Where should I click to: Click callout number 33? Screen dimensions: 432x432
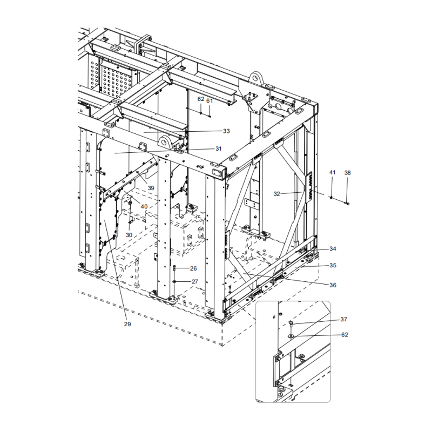(226, 131)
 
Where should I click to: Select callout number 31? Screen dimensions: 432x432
(219, 148)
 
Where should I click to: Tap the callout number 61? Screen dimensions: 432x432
(210, 100)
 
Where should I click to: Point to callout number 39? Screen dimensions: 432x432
(151, 188)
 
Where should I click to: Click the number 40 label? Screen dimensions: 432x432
(144, 207)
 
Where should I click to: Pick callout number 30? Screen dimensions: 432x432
(129, 235)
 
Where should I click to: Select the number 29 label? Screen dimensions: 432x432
(127, 324)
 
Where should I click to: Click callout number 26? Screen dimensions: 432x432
(193, 268)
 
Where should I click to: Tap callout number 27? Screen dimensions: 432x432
(194, 281)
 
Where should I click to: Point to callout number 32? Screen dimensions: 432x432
(277, 193)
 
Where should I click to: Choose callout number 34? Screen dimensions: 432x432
(333, 249)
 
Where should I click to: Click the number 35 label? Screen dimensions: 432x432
(333, 266)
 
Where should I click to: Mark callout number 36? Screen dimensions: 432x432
(333, 285)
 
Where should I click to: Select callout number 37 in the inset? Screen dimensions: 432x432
(344, 319)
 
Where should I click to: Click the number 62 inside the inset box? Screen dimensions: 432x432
(344, 335)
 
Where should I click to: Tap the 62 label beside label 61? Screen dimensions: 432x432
(201, 100)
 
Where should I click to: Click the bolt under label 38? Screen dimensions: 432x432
(347, 203)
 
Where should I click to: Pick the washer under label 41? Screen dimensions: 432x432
(331, 197)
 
